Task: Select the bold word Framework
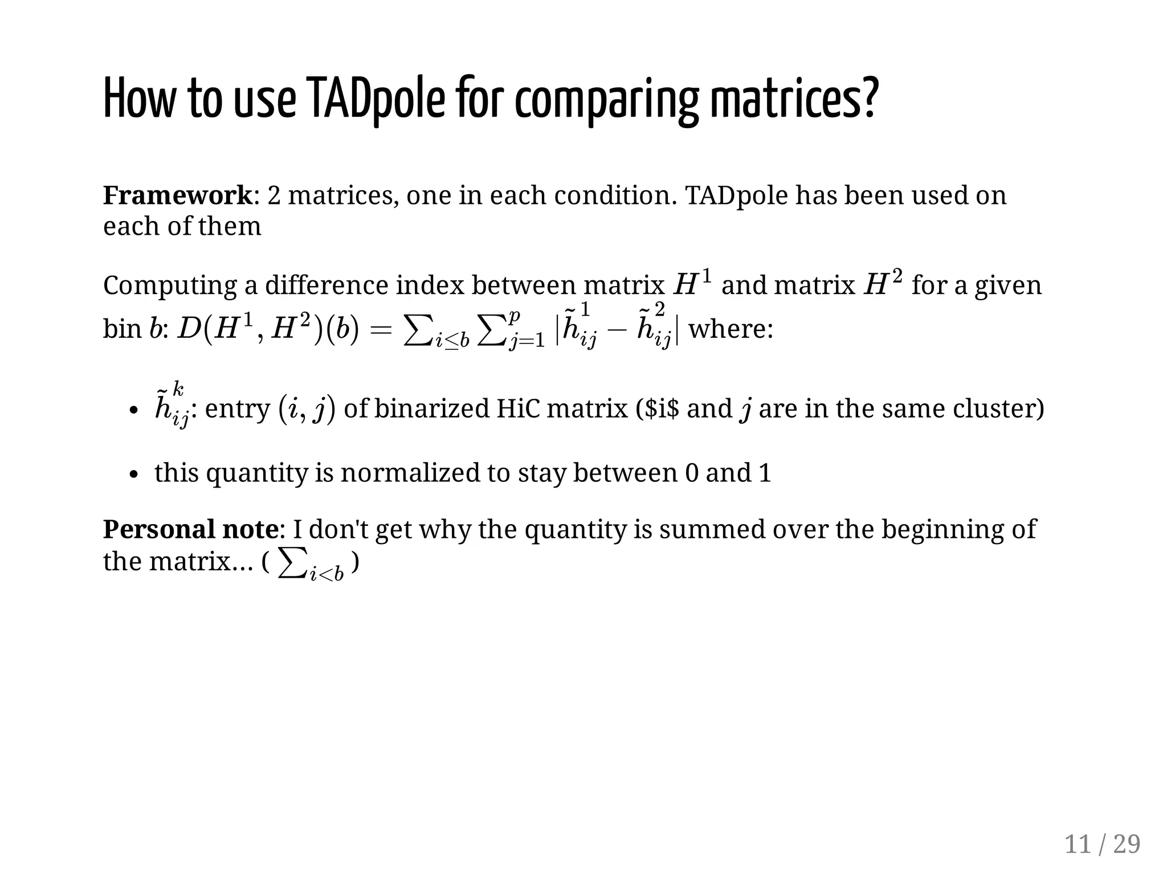pyautogui.click(x=177, y=195)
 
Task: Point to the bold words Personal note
pyautogui.click(x=190, y=529)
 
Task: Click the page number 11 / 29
pyautogui.click(x=1102, y=844)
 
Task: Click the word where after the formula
pyautogui.click(x=731, y=329)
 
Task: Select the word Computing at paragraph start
pyautogui.click(x=169, y=285)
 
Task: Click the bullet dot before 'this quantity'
pyautogui.click(x=133, y=475)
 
